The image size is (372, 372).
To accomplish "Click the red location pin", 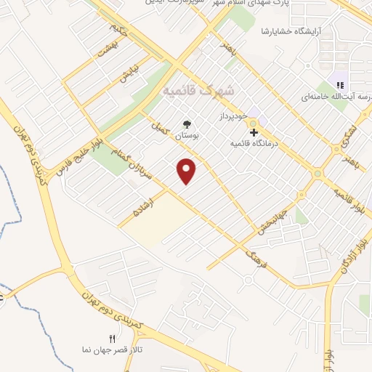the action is click(x=187, y=170).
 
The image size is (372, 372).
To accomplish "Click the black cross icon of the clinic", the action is click(x=254, y=132).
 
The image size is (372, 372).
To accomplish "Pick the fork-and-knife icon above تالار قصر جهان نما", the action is click(x=111, y=339).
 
